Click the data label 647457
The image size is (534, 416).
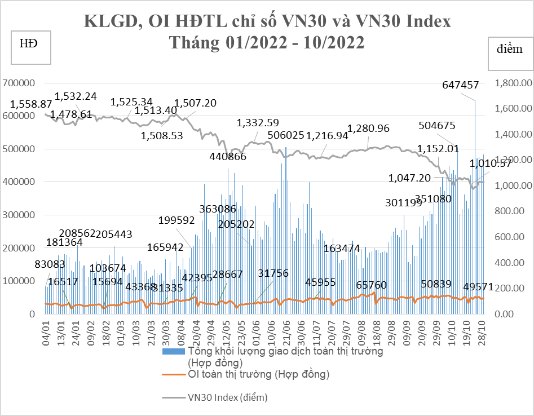[x=461, y=86]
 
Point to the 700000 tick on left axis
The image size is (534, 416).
[x=19, y=83]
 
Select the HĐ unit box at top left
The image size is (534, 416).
[x=31, y=48]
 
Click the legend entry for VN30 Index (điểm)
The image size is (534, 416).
[x=227, y=397]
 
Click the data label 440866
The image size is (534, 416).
[x=228, y=157]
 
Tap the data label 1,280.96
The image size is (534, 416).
[x=369, y=129]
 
